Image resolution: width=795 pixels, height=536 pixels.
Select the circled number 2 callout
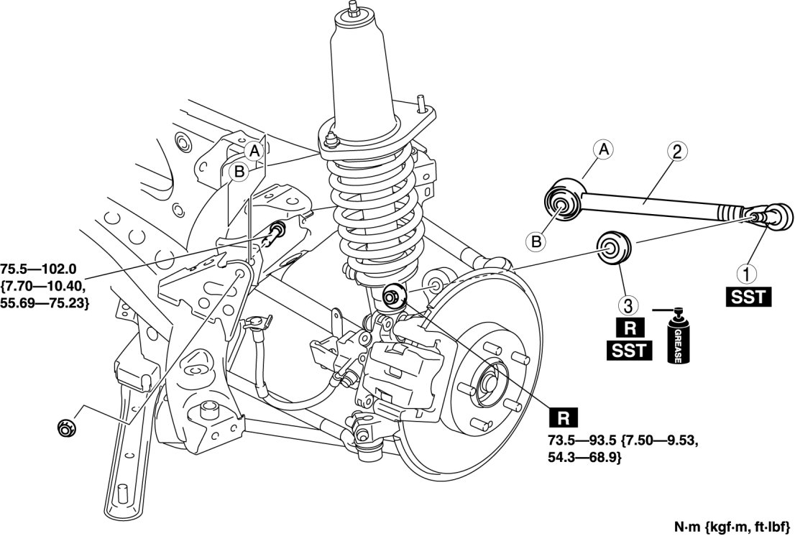click(676, 152)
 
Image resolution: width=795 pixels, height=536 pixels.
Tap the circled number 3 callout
click(628, 306)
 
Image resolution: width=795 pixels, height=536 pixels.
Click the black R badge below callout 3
click(628, 331)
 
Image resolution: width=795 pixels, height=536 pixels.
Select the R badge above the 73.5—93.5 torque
click(562, 417)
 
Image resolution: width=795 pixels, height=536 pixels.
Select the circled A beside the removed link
click(604, 149)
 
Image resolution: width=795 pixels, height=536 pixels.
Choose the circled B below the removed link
click(536, 242)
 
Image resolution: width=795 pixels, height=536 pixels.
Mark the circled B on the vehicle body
click(237, 171)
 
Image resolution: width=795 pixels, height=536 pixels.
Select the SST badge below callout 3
click(628, 350)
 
